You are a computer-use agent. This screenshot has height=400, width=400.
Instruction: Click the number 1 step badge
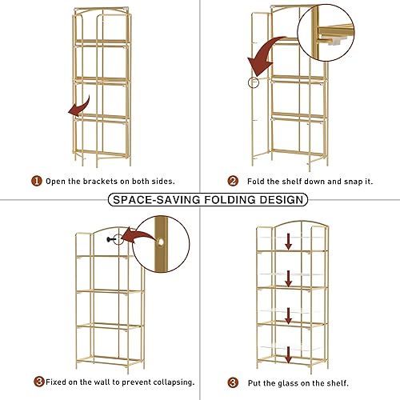pos(37,181)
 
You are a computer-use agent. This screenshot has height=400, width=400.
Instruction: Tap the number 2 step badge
pos(233,181)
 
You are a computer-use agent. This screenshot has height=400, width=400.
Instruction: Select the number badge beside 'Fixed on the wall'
pos(38,381)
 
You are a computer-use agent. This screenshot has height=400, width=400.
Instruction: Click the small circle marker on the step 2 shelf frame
pos(254,83)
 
